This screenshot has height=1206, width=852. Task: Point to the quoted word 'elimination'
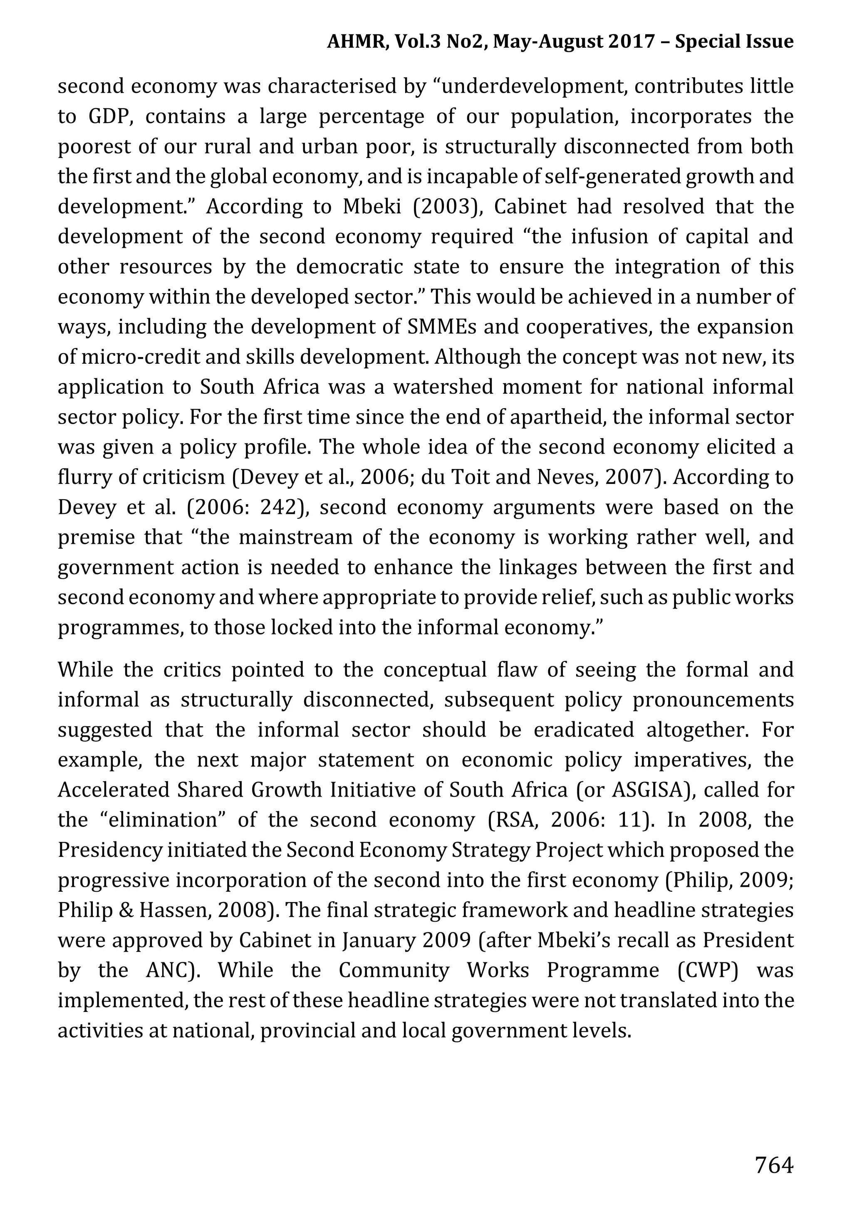coord(162,820)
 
